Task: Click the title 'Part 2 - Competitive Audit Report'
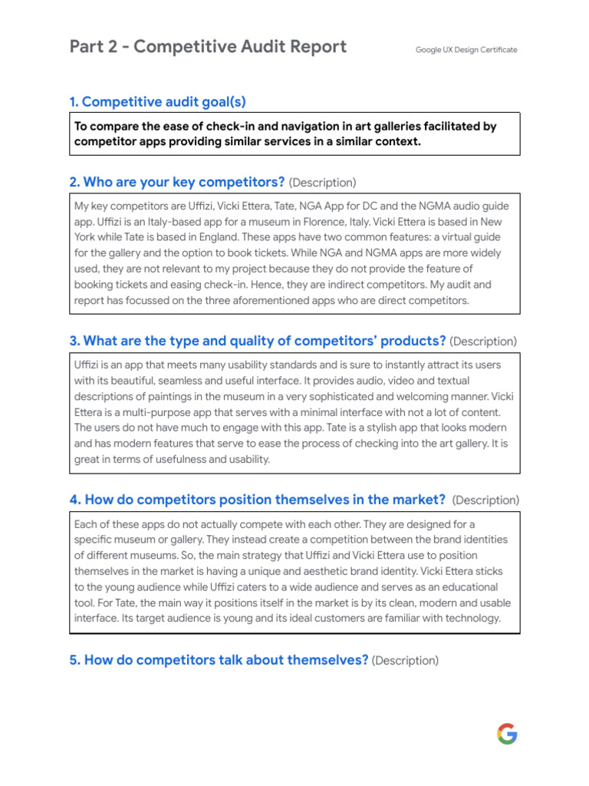[x=208, y=48]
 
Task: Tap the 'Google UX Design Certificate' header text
[x=466, y=50]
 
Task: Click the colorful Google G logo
[x=507, y=734]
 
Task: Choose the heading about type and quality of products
[x=258, y=341]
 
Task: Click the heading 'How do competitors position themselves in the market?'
[x=258, y=500]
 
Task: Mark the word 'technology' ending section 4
[x=473, y=619]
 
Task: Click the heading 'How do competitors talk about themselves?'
[x=219, y=660]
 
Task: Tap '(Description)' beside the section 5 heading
[x=405, y=661]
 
